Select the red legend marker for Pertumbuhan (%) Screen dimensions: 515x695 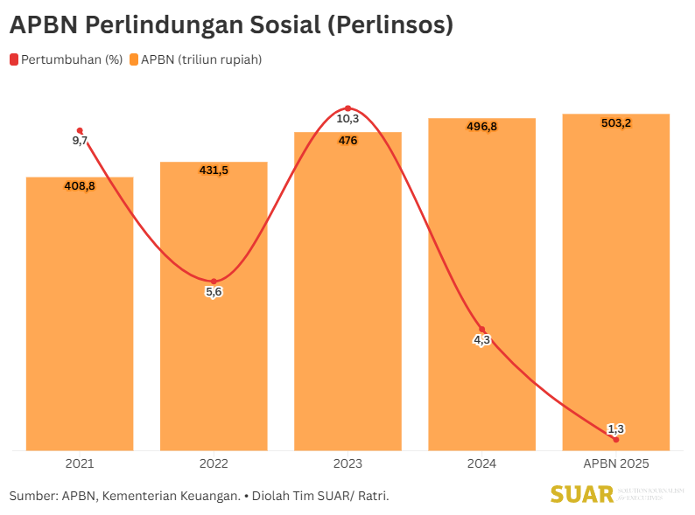tap(13, 59)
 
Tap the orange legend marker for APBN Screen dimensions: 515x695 tap(134, 59)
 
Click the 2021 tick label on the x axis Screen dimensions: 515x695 tap(80, 463)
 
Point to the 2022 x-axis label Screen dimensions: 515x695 tap(214, 463)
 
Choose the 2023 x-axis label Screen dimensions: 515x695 tap(347, 463)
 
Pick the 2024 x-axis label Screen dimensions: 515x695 tap(481, 463)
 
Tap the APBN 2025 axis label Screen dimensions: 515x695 tap(615, 463)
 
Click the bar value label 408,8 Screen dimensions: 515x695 tap(80, 185)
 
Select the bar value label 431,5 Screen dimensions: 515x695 tap(214, 171)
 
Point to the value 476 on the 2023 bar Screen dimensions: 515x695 tap(347, 141)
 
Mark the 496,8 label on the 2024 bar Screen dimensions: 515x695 tap(481, 127)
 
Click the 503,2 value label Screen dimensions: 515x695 tap(616, 123)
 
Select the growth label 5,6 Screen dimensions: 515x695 tap(214, 292)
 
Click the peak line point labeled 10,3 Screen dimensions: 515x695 tap(347, 108)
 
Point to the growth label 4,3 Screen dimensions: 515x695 tap(481, 340)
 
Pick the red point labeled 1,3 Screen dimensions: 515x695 tap(616, 439)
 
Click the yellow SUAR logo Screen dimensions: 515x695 tap(582, 494)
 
